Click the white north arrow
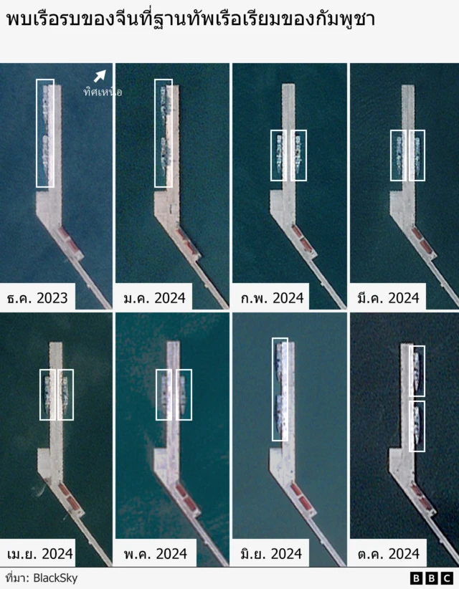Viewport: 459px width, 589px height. coord(100,76)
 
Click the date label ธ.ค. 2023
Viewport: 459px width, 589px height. coord(37,298)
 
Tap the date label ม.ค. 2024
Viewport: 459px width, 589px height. coord(154,298)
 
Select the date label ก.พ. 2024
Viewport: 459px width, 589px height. coord(272,298)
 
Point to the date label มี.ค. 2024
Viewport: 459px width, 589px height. coord(388,298)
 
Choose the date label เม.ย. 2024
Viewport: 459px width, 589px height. coord(40,554)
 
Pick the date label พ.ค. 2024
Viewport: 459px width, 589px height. coord(156,554)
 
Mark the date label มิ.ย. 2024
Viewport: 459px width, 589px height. coord(271,554)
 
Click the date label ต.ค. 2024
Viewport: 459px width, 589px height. coord(388,554)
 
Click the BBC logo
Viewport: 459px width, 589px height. coord(432,578)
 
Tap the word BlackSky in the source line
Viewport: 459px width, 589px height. coord(56,578)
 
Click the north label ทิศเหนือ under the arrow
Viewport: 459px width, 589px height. coord(103,92)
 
